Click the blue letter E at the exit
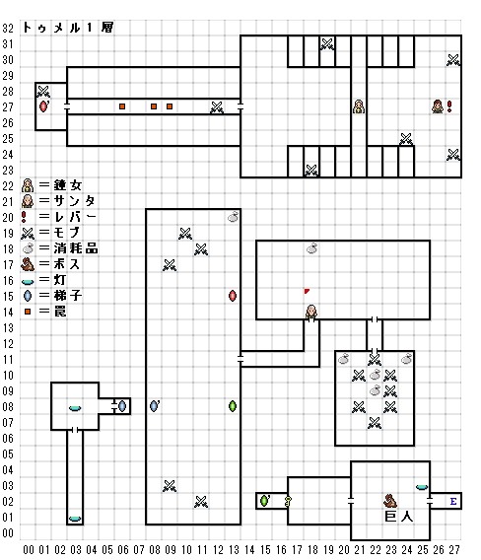pos(453,502)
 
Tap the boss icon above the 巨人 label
pos(390,501)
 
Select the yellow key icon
pos(288,502)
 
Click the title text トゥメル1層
pos(68,28)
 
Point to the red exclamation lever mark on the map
pos(449,106)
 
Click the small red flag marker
pos(307,291)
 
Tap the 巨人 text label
pos(399,517)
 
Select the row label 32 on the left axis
pos(8,29)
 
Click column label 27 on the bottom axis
pos(453,550)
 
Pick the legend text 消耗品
pos(76,248)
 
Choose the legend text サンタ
pos(74,201)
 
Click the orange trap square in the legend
pos(28,312)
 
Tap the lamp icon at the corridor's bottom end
pos(75,519)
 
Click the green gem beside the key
pos(264,501)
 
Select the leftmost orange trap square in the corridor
pos(122,106)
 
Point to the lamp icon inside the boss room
pos(422,487)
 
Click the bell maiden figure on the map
pos(359,106)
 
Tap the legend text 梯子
pos(68,296)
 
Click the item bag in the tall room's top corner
pos(233,217)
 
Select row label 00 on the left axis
pos(8,533)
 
